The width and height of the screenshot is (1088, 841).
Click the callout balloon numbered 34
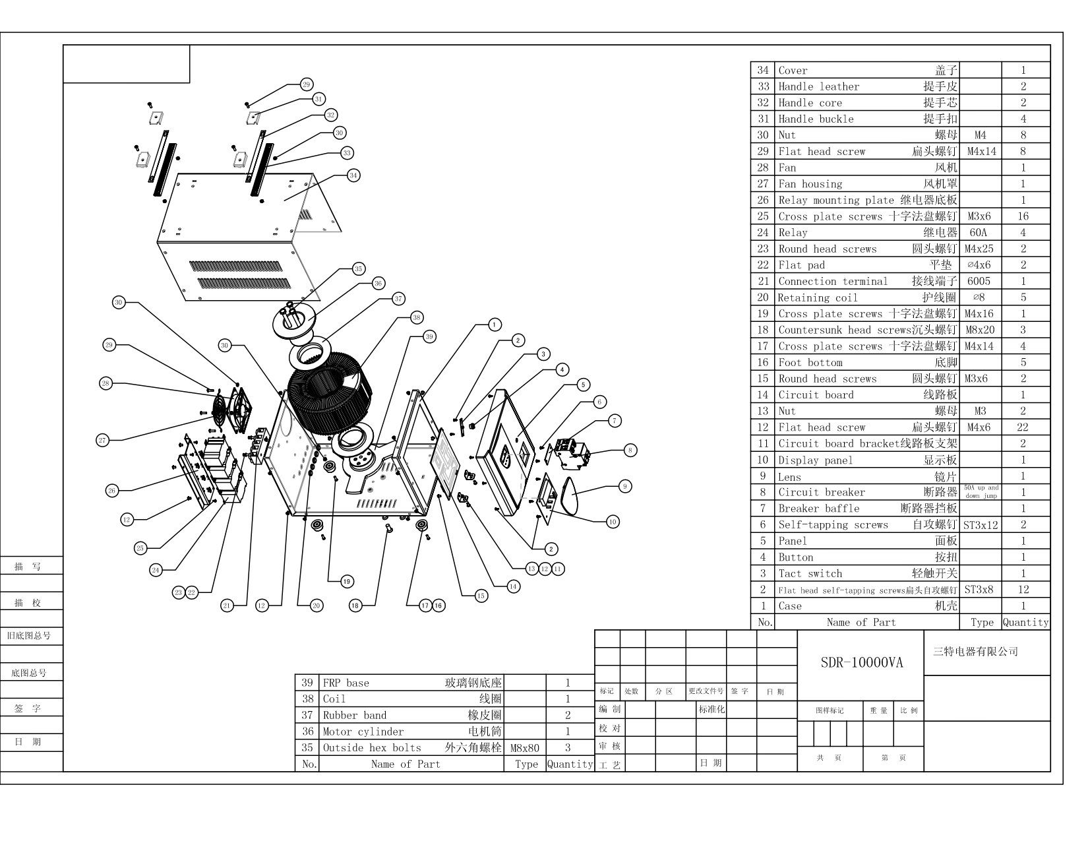point(353,175)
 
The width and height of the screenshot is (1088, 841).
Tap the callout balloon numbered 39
point(429,336)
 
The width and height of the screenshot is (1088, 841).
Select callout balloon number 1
point(494,324)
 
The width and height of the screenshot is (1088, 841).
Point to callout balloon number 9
point(624,486)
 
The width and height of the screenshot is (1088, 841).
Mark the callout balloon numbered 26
point(112,490)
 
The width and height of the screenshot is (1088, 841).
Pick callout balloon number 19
point(347,581)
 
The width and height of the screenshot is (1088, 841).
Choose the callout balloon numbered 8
point(630,451)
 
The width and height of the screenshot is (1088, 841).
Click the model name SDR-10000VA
point(861,663)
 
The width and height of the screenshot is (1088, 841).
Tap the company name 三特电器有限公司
point(976,652)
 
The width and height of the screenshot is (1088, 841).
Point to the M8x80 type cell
point(525,748)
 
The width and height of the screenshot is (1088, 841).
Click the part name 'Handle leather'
point(819,86)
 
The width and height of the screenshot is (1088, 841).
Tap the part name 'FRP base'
point(346,683)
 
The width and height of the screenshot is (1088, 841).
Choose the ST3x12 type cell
point(981,526)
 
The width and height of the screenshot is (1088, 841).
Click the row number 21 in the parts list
point(763,281)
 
